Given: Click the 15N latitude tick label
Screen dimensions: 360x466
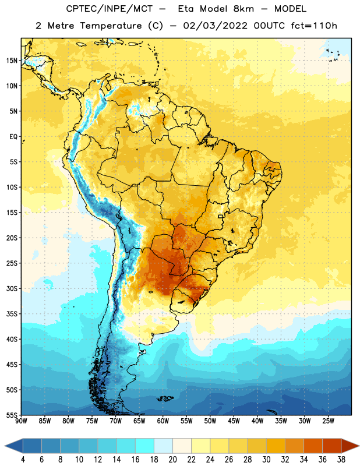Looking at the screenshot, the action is pyautogui.click(x=11, y=61).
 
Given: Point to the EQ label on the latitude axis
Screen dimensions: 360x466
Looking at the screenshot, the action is pyautogui.click(x=13, y=137).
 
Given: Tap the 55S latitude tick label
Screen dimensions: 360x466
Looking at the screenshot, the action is pyautogui.click(x=11, y=415).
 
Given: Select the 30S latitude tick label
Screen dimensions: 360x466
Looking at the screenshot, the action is pyautogui.click(x=11, y=288).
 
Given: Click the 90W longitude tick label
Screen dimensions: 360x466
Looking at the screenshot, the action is pyautogui.click(x=21, y=421).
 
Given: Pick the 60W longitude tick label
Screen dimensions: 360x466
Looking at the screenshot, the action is pyautogui.click(x=163, y=421).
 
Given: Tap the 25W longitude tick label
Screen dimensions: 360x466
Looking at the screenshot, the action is pyautogui.click(x=328, y=421).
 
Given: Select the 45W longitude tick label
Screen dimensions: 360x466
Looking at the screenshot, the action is pyautogui.click(x=234, y=421).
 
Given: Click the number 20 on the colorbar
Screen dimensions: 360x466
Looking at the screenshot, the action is pyautogui.click(x=172, y=460).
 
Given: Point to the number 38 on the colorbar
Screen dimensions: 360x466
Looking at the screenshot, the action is pyautogui.click(x=341, y=460).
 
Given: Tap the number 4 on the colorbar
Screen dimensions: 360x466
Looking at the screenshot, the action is pyautogui.click(x=23, y=460).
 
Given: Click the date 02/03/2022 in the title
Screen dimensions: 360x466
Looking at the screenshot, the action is pyautogui.click(x=215, y=26).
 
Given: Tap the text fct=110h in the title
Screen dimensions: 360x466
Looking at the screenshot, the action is pyautogui.click(x=313, y=26).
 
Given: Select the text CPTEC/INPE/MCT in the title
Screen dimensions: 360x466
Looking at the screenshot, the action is pyautogui.click(x=109, y=9).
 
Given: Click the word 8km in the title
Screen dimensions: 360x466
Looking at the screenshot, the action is pyautogui.click(x=243, y=9).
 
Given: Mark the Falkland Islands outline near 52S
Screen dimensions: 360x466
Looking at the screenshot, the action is pyautogui.click(x=165, y=398).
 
